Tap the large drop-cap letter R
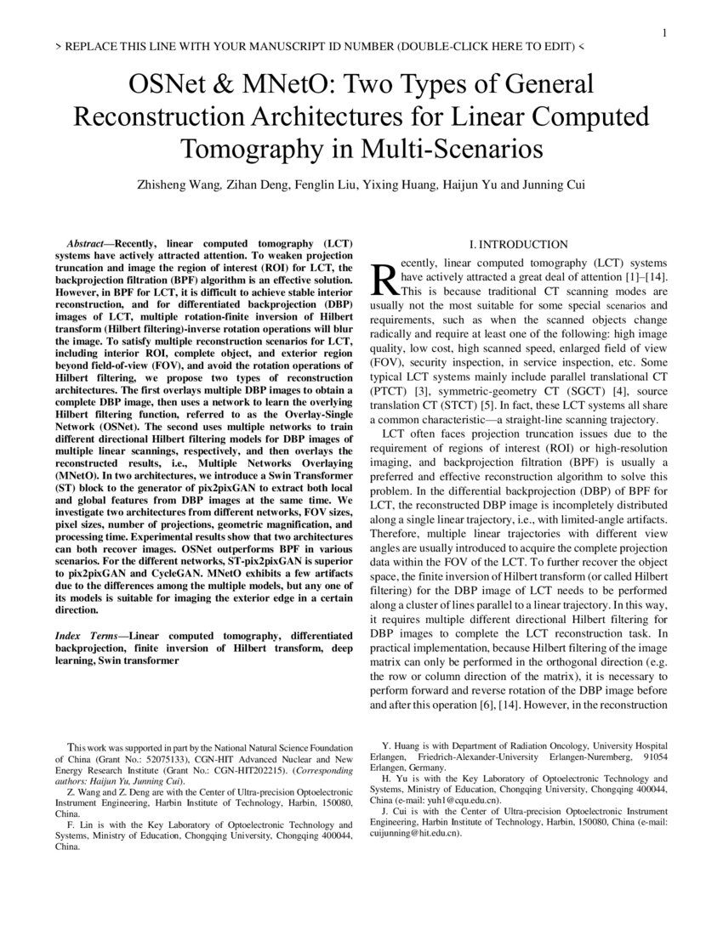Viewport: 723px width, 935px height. pyautogui.click(x=384, y=276)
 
